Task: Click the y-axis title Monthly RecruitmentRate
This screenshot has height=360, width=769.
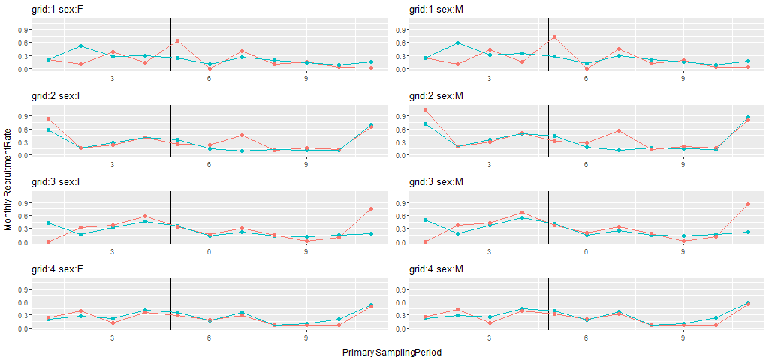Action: [x=8, y=181]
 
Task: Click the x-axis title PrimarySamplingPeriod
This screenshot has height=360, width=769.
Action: [x=391, y=352]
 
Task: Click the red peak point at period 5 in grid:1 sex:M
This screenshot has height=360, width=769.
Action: [x=554, y=37]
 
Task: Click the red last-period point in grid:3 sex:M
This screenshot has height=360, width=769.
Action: [x=748, y=204]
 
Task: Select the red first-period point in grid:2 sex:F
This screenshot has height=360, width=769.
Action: [x=48, y=118]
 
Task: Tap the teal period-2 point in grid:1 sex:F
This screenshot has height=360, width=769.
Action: [x=80, y=46]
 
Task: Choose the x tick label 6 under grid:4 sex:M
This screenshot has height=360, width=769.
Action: [x=586, y=337]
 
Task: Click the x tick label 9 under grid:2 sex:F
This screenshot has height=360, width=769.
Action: [x=306, y=164]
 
